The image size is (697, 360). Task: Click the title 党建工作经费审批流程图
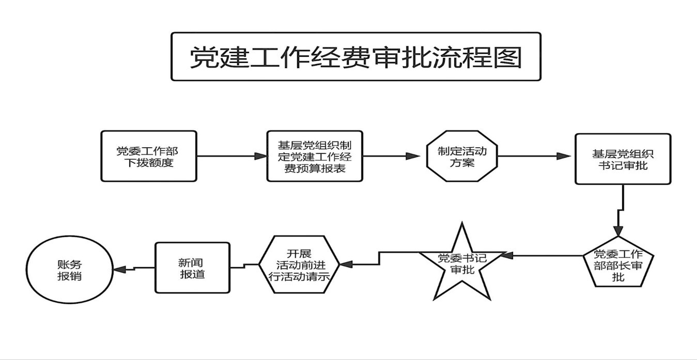[355, 57]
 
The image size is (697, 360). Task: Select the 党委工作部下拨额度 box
[149, 156]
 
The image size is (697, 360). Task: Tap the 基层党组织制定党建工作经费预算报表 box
[315, 156]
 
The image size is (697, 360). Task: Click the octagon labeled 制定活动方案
[462, 156]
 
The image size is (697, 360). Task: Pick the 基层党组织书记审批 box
[623, 159]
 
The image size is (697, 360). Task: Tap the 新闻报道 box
[192, 268]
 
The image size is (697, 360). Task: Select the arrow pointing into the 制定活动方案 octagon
[395, 156]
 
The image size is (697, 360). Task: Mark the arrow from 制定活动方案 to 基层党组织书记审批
[535, 156]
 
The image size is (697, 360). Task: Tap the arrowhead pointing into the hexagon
[345, 264]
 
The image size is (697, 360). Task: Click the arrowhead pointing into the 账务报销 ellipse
[120, 269]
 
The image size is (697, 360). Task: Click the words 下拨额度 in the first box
[149, 163]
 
